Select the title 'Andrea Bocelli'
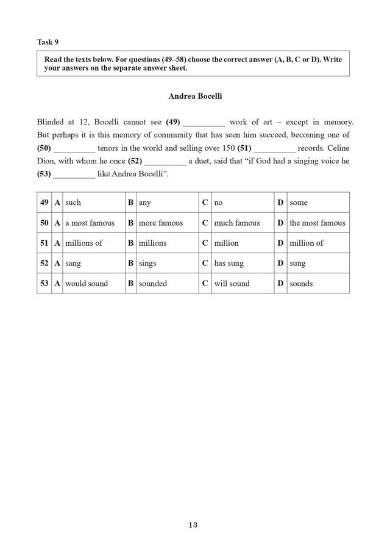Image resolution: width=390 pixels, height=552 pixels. tap(193, 96)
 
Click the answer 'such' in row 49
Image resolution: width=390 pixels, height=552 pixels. tap(73, 203)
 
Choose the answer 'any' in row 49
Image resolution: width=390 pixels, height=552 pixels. tap(145, 203)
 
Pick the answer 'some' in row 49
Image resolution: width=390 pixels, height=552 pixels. tap(299, 203)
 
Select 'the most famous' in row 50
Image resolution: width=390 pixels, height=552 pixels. tap(317, 223)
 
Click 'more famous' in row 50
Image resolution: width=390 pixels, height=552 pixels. tap(160, 223)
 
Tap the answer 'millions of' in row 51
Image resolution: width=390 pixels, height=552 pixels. tap(83, 243)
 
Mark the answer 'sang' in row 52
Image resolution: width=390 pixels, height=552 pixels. tap(73, 263)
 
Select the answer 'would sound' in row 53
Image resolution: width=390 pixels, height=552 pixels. tap(86, 284)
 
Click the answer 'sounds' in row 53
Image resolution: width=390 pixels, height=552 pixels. tap(301, 284)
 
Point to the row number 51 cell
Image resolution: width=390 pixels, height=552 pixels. tap(44, 243)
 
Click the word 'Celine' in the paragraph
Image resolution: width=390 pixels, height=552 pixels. tap(336, 148)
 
